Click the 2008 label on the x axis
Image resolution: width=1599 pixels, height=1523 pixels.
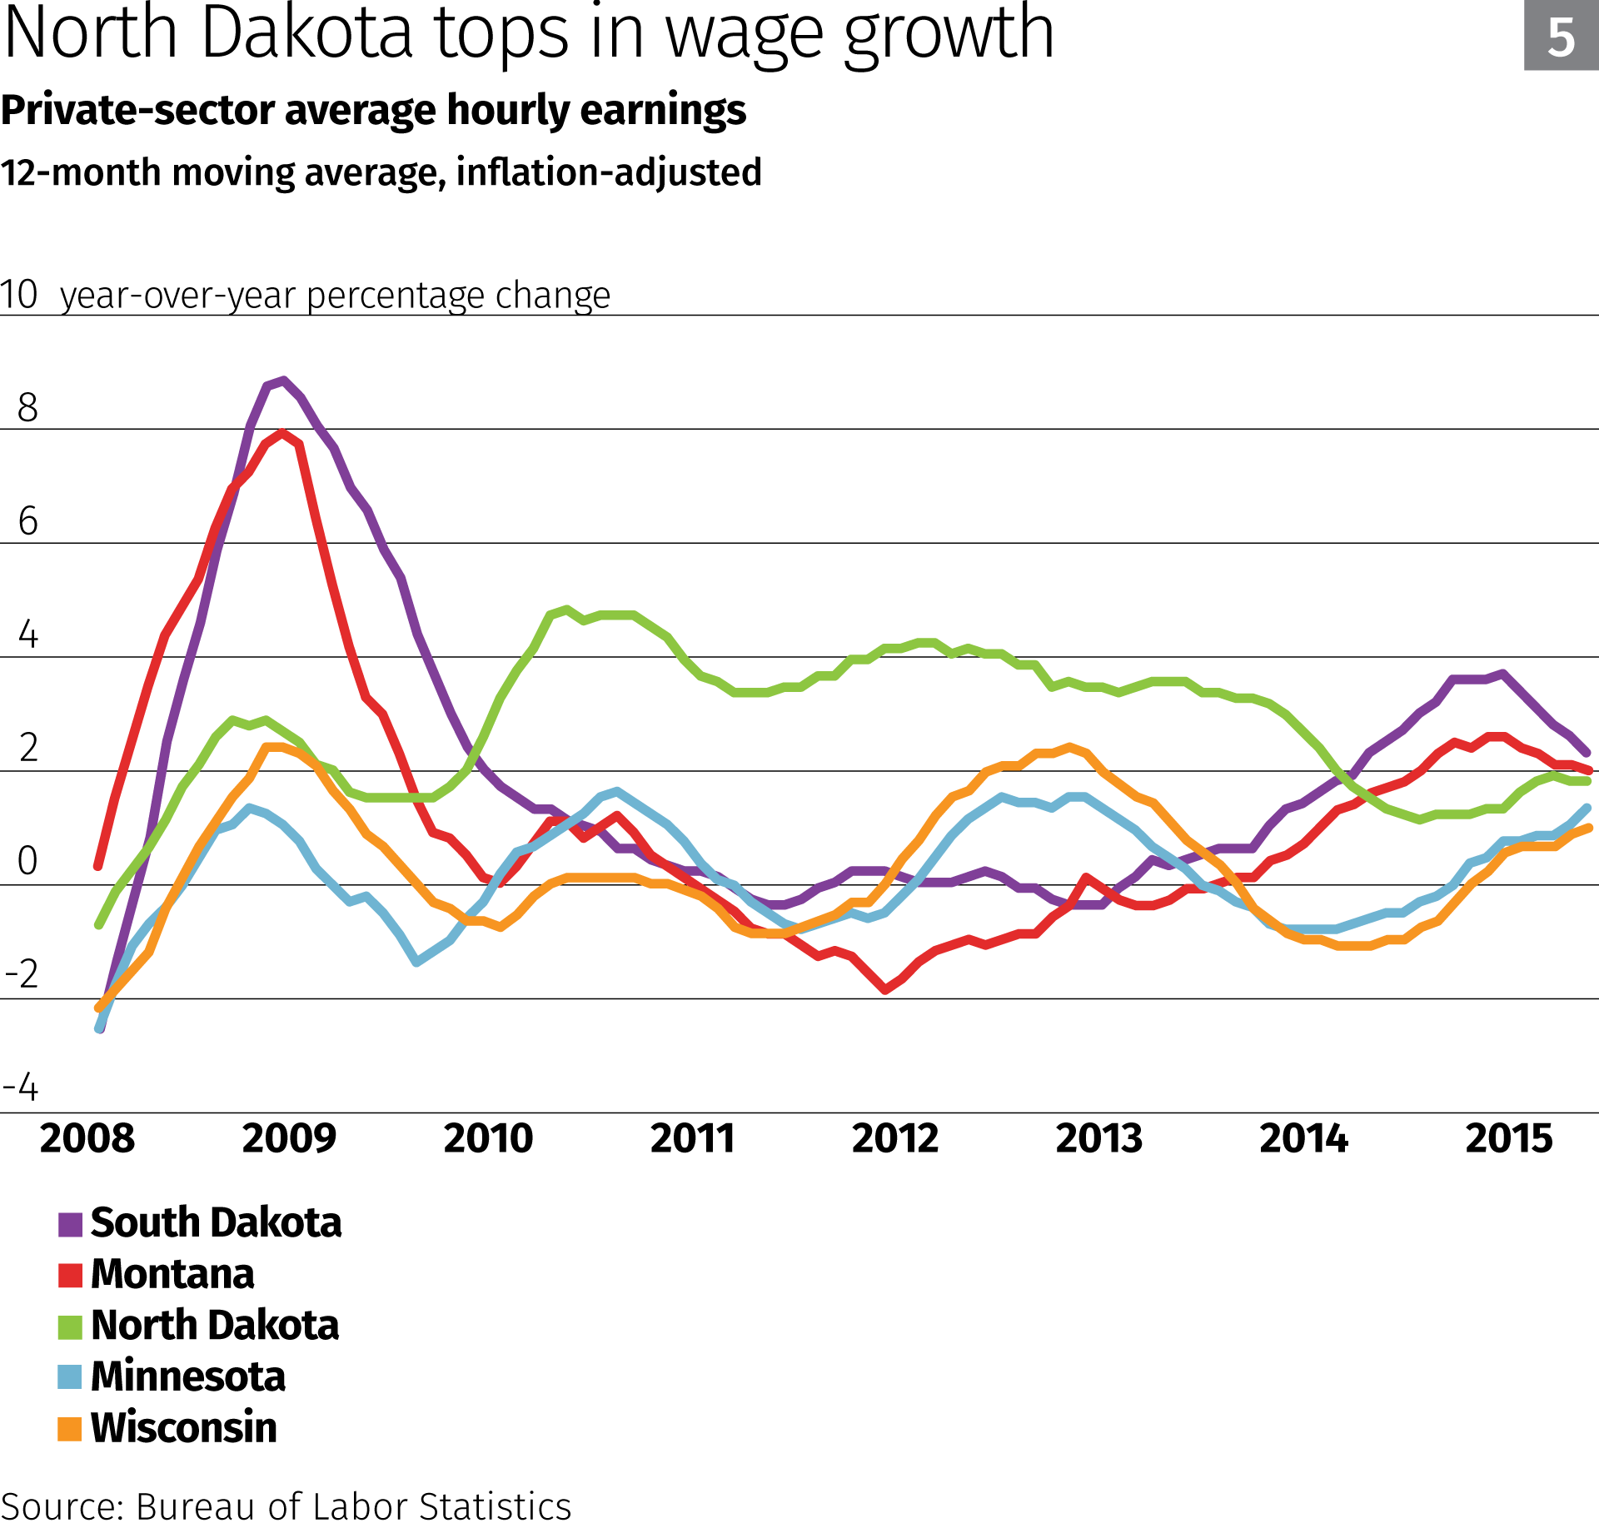pyautogui.click(x=87, y=1138)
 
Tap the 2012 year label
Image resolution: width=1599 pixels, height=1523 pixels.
pyautogui.click(x=894, y=1138)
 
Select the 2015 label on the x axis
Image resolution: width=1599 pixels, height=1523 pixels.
pyautogui.click(x=1508, y=1138)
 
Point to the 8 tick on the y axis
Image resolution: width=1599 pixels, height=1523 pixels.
pyautogui.click(x=27, y=408)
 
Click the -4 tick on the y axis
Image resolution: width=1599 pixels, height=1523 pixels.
pyautogui.click(x=21, y=1088)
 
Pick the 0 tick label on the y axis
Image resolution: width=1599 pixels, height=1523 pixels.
pyautogui.click(x=27, y=861)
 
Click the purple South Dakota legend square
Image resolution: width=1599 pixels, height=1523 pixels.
pyautogui.click(x=70, y=1224)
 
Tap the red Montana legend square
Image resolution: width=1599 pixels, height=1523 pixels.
pyautogui.click(x=70, y=1276)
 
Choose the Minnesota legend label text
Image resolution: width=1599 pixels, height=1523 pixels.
pyautogui.click(x=187, y=1377)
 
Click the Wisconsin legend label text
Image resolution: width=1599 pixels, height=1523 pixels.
pyautogui.click(x=183, y=1428)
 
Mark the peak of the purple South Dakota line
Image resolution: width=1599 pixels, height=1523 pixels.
pyautogui.click(x=284, y=381)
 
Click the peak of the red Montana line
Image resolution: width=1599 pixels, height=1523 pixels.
pyautogui.click(x=282, y=433)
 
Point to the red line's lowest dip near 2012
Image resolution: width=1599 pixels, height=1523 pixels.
pyautogui.click(x=885, y=989)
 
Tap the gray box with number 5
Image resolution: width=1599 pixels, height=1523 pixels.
pyautogui.click(x=1561, y=37)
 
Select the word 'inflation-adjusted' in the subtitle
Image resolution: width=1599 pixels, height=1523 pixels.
pyautogui.click(x=609, y=173)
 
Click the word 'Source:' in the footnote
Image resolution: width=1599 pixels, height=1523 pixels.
pyautogui.click(x=62, y=1506)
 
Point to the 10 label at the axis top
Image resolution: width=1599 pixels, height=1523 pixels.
pyautogui.click(x=18, y=295)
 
